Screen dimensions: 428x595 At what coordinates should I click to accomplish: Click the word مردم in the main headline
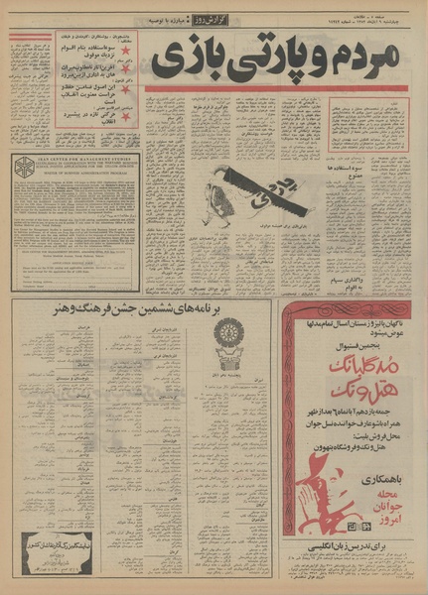(x=366, y=58)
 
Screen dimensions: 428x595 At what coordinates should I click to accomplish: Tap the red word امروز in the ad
(x=376, y=527)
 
